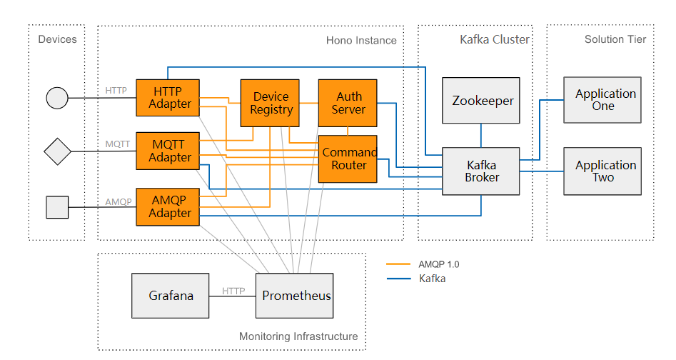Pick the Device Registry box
[x=271, y=103]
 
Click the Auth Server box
[x=348, y=103]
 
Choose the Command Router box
[x=348, y=159]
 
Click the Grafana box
[x=171, y=295]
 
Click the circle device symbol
[x=57, y=97]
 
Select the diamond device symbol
[x=57, y=151]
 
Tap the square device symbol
[x=57, y=207]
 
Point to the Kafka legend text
[x=432, y=279]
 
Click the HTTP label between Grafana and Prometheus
[x=233, y=291]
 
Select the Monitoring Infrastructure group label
[x=298, y=336]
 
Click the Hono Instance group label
[x=361, y=40]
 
